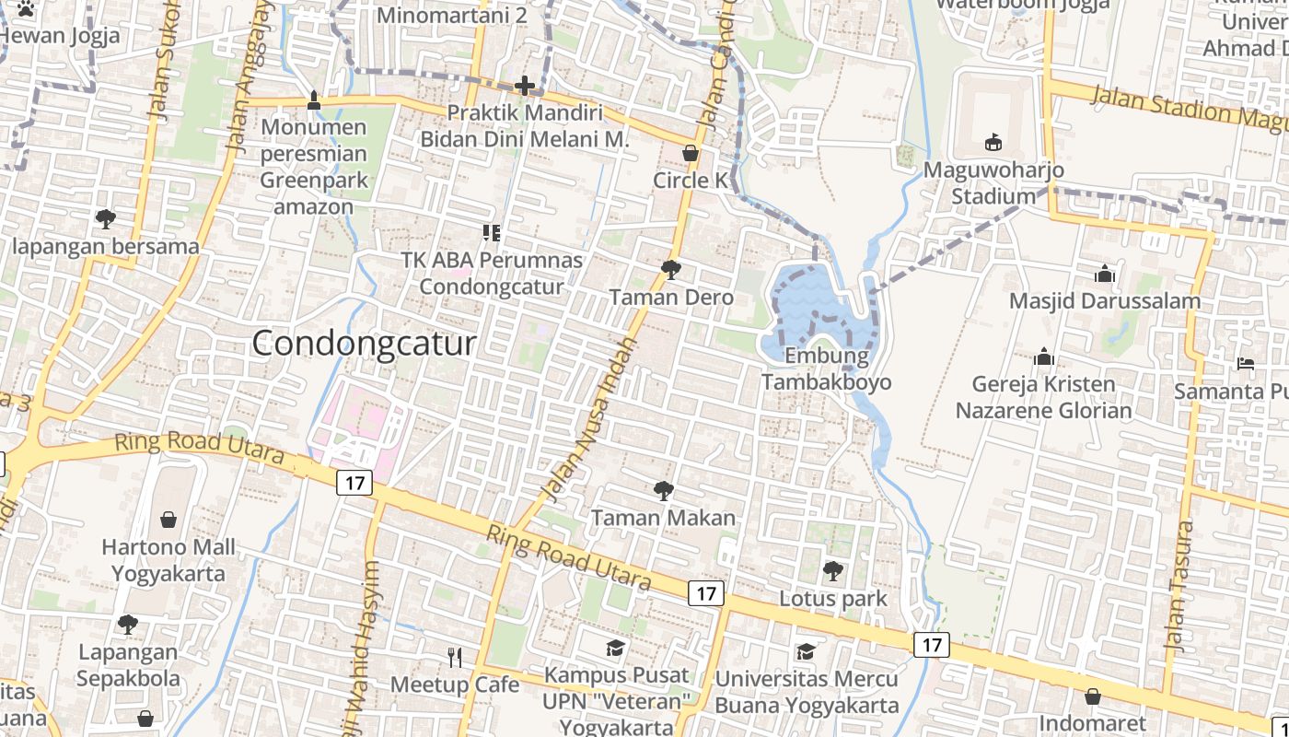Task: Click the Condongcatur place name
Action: click(x=364, y=344)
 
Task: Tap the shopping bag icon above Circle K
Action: click(x=690, y=153)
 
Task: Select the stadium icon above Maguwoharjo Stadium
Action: click(x=993, y=142)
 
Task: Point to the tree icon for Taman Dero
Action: click(x=670, y=269)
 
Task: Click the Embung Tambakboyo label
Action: click(x=826, y=368)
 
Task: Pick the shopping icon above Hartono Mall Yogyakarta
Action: click(x=168, y=520)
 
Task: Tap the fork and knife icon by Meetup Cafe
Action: click(x=454, y=657)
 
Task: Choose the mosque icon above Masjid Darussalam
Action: click(x=1104, y=274)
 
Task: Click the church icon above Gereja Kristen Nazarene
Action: click(x=1043, y=357)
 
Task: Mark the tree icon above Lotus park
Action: click(x=832, y=571)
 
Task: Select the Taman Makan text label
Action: click(x=663, y=518)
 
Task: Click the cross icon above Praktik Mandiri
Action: click(x=525, y=86)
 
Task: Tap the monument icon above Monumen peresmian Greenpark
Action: click(x=313, y=99)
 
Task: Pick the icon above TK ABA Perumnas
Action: click(x=491, y=233)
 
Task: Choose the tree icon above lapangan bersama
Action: click(x=105, y=219)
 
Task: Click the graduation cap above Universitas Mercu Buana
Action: click(x=806, y=651)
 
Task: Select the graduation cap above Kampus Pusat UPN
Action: click(x=615, y=648)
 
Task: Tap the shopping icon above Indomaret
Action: click(x=1092, y=696)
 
